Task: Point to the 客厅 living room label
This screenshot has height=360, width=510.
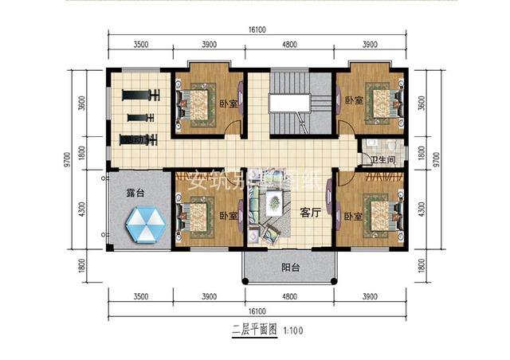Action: [310, 213]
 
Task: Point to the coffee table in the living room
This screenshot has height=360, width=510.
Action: [273, 206]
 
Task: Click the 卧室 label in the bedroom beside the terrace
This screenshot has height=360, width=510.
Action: [231, 215]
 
